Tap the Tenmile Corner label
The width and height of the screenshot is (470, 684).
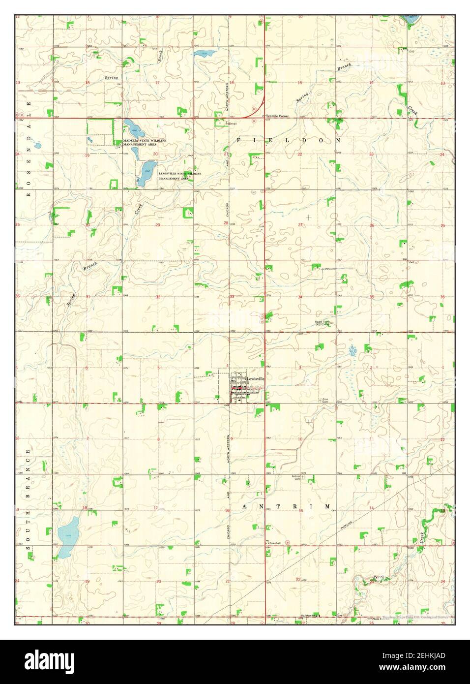coord(277,116)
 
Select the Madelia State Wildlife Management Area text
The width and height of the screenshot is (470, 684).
coord(145,142)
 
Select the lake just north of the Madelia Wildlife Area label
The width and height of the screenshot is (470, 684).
coord(133,128)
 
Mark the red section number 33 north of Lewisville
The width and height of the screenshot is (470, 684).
coord(232,297)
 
